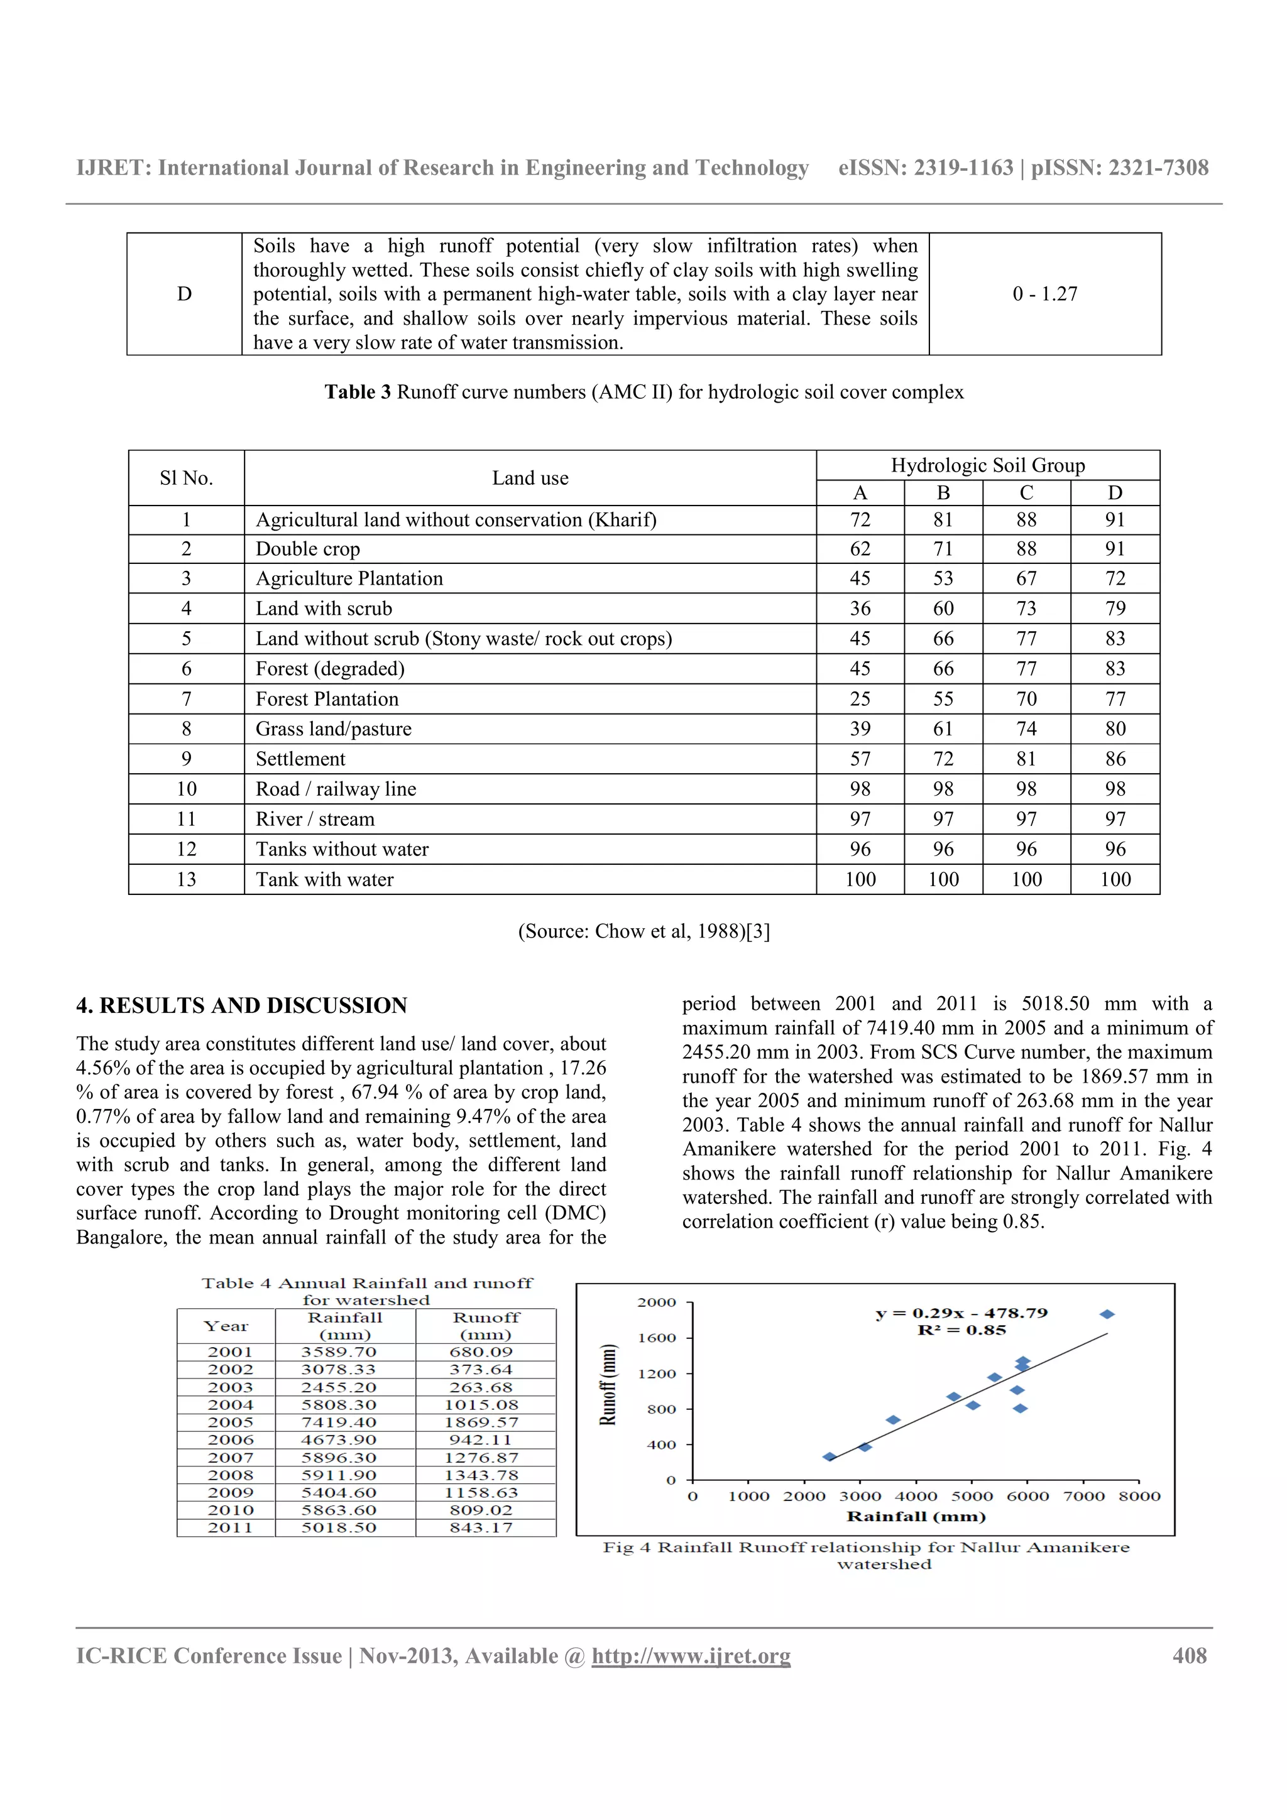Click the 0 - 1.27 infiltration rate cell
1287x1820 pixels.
pos(1044,294)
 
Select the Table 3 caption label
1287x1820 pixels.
pos(357,393)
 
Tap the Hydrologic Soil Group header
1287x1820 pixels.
pos(987,465)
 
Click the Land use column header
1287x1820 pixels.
pos(530,478)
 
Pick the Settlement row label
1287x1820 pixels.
pos(300,759)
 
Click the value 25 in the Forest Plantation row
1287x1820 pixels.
pos(860,699)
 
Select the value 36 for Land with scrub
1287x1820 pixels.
pos(860,609)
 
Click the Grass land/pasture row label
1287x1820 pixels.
pos(333,729)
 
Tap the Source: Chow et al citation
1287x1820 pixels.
pos(643,931)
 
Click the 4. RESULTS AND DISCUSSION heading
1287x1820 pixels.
pos(241,1006)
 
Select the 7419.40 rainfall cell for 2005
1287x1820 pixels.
pos(339,1422)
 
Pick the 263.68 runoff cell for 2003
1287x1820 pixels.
pos(481,1387)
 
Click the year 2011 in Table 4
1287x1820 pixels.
pos(230,1527)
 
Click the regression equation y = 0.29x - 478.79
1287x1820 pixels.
pos(961,1313)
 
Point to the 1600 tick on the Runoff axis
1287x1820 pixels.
pos(657,1338)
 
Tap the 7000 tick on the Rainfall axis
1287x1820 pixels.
pos(1083,1497)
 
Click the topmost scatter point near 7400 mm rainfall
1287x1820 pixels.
pos(1107,1314)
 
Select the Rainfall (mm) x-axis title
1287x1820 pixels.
pos(916,1517)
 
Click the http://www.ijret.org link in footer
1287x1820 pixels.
pos(691,1656)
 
